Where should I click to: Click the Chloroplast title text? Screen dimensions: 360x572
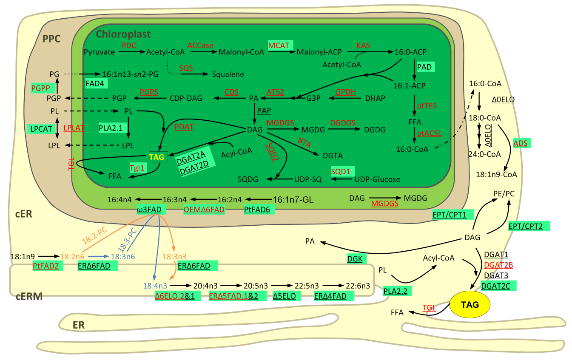[x=123, y=34]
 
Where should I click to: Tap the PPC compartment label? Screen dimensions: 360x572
[x=51, y=39]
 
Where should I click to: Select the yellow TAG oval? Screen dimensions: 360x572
[x=470, y=304]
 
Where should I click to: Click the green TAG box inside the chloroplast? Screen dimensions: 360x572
[x=157, y=157]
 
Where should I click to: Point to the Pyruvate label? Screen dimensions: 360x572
[x=99, y=52]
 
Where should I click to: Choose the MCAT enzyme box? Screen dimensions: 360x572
[x=279, y=45]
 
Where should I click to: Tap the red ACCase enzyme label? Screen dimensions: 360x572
[x=200, y=45]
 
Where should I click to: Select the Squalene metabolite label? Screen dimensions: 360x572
[x=228, y=74]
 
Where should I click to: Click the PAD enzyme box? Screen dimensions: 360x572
[x=424, y=67]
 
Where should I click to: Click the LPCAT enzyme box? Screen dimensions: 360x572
[x=40, y=128]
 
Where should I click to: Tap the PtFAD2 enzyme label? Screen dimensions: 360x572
[x=46, y=266]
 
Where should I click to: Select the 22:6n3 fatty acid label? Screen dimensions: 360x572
[x=358, y=286]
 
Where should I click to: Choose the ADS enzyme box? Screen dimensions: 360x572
[x=521, y=143]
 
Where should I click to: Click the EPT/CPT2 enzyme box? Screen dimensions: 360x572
[x=529, y=226]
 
